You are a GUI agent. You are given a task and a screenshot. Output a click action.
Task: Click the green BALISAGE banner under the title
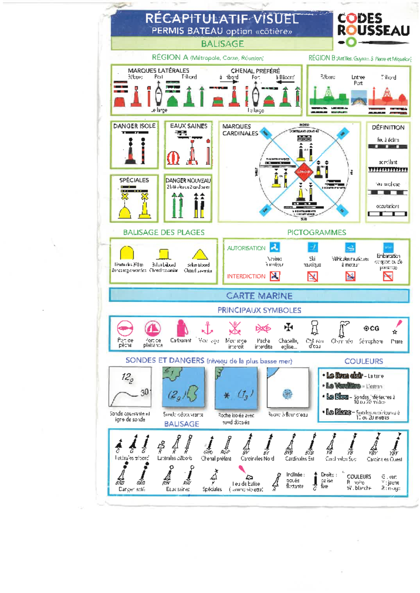(x=222, y=44)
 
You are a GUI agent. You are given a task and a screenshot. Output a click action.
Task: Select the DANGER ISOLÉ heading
(x=134, y=126)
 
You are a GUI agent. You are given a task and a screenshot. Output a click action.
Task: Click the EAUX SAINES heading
(x=188, y=126)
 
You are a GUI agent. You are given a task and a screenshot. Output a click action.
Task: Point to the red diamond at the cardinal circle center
(x=303, y=172)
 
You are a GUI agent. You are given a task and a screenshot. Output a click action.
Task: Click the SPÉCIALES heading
(x=134, y=180)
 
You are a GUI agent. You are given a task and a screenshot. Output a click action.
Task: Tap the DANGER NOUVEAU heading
(x=188, y=180)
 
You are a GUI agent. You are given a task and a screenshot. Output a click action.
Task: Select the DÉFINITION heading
(x=388, y=128)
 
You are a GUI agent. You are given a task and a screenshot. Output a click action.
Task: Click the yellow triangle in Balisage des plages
(x=200, y=254)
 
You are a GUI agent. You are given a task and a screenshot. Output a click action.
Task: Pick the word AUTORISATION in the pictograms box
(x=246, y=248)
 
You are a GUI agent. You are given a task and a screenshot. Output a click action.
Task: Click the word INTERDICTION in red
(x=246, y=276)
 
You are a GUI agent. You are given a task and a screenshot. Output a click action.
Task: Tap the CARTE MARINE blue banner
(x=259, y=296)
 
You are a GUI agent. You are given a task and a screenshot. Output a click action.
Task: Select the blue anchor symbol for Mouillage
(x=208, y=328)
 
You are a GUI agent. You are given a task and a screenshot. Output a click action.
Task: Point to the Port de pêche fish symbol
(x=125, y=329)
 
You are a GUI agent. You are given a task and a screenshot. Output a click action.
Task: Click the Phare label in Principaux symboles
(x=397, y=341)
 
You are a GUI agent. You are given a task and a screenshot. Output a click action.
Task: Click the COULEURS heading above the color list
(x=363, y=361)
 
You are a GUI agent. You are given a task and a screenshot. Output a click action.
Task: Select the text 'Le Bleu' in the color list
(x=337, y=396)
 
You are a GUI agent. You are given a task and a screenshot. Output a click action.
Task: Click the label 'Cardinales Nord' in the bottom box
(x=257, y=458)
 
